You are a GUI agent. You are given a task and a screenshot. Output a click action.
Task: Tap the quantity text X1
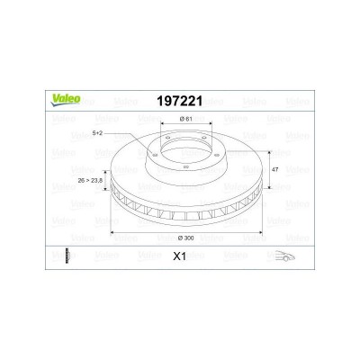click(181, 256)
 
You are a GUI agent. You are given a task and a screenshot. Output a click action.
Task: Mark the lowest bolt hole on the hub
click(184, 167)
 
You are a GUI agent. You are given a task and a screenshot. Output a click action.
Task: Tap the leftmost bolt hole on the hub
click(157, 152)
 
